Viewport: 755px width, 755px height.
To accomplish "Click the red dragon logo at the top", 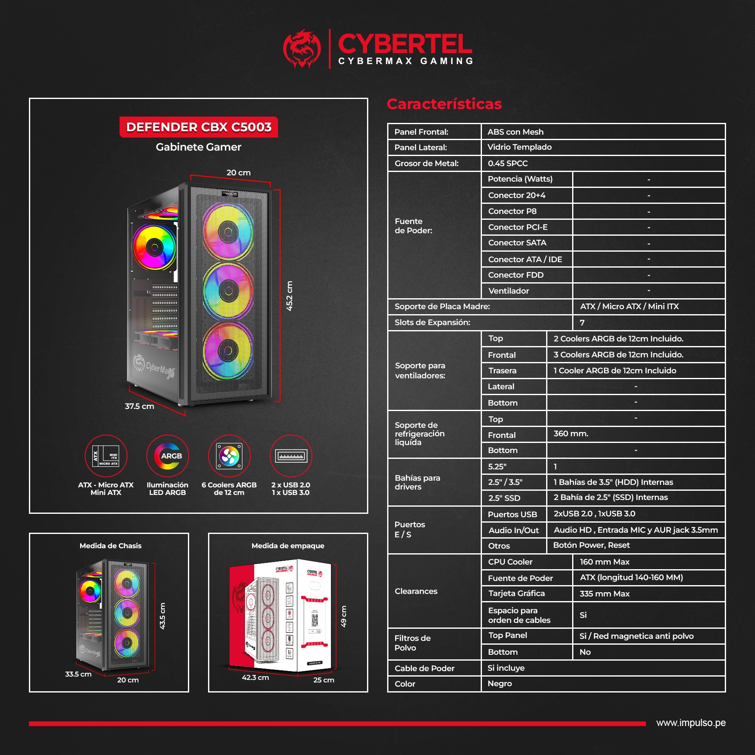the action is [x=302, y=48].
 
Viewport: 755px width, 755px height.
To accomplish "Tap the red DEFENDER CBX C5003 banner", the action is [x=199, y=127].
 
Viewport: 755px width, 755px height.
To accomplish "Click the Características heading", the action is [x=444, y=104].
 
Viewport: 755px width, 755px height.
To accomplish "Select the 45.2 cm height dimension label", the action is [x=289, y=296].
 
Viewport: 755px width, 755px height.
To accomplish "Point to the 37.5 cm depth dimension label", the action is [x=139, y=406].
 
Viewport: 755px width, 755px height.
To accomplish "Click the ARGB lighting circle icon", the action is [x=168, y=456].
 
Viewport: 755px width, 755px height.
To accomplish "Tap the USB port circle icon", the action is [x=291, y=456].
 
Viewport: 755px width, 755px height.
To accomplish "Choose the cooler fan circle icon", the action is [x=229, y=456].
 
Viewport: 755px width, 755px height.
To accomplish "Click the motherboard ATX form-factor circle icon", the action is [x=106, y=456].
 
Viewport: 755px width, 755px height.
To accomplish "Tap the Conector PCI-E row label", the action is [x=518, y=227].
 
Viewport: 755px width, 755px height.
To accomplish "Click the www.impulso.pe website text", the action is [x=691, y=723].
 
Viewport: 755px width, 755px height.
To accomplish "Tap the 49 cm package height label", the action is [x=344, y=616].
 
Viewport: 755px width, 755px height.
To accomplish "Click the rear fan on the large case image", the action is [x=154, y=247].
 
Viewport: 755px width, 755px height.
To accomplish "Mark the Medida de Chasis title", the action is [x=111, y=546].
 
